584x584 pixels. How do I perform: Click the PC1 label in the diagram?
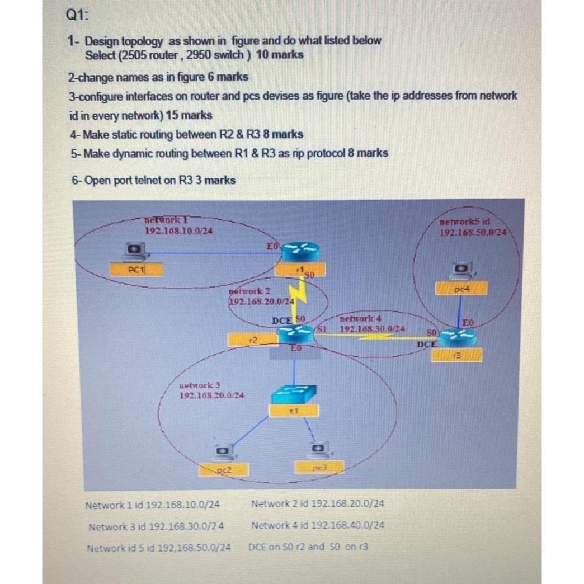[136, 269]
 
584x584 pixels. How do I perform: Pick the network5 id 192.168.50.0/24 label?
[474, 227]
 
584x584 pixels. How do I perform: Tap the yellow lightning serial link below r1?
[302, 296]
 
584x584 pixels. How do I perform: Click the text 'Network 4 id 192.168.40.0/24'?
[318, 525]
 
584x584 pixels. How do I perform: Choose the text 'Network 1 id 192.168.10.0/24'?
[152, 505]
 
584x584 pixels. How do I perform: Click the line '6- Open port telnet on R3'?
[153, 180]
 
